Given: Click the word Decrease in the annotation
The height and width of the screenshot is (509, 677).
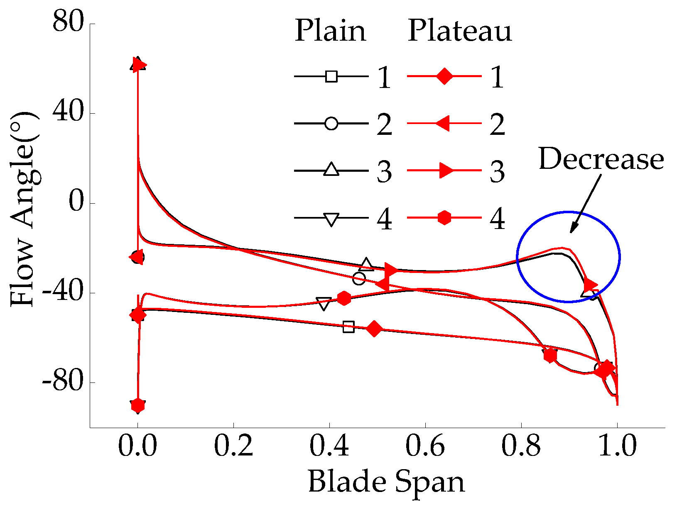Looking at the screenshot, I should tap(601, 160).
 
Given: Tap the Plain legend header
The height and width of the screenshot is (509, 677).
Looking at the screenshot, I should tap(331, 31).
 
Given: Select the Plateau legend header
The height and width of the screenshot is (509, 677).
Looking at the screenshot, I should tap(460, 31).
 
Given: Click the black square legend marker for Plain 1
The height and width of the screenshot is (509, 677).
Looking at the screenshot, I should tap(331, 76).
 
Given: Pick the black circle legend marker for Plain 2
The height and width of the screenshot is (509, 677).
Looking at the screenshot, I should tap(331, 124).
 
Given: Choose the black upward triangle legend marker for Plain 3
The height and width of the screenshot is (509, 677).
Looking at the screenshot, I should tap(331, 170).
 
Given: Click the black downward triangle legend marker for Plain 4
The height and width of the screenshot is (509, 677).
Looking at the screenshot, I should tap(331, 219).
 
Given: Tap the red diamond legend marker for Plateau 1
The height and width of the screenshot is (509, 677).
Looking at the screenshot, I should tap(444, 76).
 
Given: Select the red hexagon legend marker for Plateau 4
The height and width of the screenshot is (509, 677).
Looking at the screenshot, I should tap(444, 218).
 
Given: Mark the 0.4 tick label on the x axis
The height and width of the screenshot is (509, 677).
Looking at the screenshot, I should tap(329, 447).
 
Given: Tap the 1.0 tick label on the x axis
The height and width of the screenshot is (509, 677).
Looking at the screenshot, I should tap(617, 447).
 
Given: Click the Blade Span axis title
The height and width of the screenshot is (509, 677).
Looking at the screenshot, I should tap(386, 482).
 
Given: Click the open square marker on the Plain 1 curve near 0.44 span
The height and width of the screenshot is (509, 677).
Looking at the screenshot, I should tap(349, 327).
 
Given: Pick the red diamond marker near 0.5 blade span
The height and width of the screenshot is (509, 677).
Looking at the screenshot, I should tap(374, 329).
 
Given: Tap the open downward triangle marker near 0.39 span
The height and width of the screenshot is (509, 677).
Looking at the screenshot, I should tap(324, 304).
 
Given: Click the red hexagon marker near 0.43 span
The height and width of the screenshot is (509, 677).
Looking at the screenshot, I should tap(344, 298).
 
